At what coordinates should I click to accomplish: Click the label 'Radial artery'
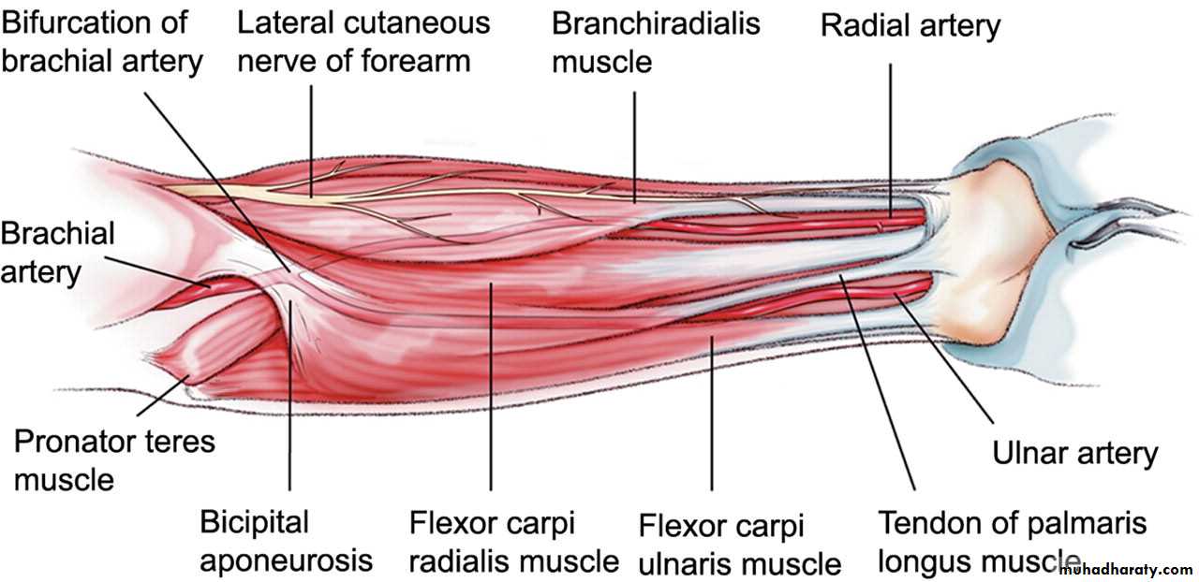pos(910,25)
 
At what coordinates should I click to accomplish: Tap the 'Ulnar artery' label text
pos(1074,454)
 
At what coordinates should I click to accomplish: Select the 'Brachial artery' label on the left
pos(57,253)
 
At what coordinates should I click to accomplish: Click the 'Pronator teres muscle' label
pos(114,460)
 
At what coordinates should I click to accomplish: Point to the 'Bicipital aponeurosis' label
pos(286,542)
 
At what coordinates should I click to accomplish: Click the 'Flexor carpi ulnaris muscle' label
pos(740,545)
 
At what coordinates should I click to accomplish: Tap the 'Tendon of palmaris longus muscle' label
pos(1013,542)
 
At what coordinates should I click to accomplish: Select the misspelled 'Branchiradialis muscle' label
pos(656,43)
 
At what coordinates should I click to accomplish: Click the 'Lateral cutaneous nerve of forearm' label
pos(363,42)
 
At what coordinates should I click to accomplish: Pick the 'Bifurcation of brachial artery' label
pos(102,42)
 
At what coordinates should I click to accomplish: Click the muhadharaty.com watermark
pos(1131,570)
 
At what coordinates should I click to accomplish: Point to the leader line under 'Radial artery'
pos(891,140)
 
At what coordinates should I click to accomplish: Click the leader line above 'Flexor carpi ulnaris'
pos(711,413)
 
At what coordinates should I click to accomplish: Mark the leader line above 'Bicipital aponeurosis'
pos(289,395)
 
